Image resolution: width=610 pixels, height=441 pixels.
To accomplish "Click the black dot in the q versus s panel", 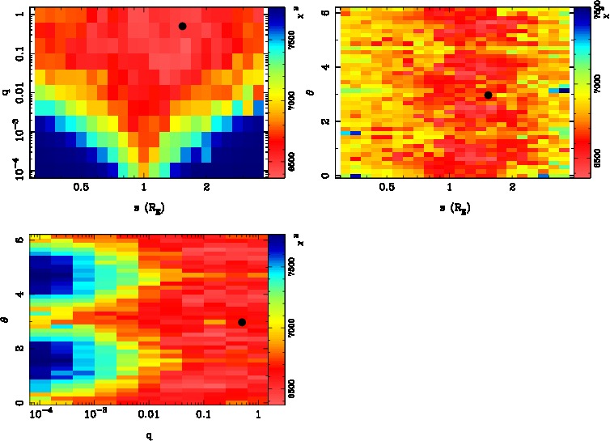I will pos(182,26).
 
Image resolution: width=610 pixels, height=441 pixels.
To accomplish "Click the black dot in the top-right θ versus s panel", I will pos(488,95).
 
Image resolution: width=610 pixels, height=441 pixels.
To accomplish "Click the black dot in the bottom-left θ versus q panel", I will pos(242,322).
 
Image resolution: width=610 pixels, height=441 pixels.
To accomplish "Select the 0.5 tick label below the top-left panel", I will pos(81,188).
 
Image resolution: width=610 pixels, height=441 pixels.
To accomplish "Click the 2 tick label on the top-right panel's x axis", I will pos(513,188).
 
